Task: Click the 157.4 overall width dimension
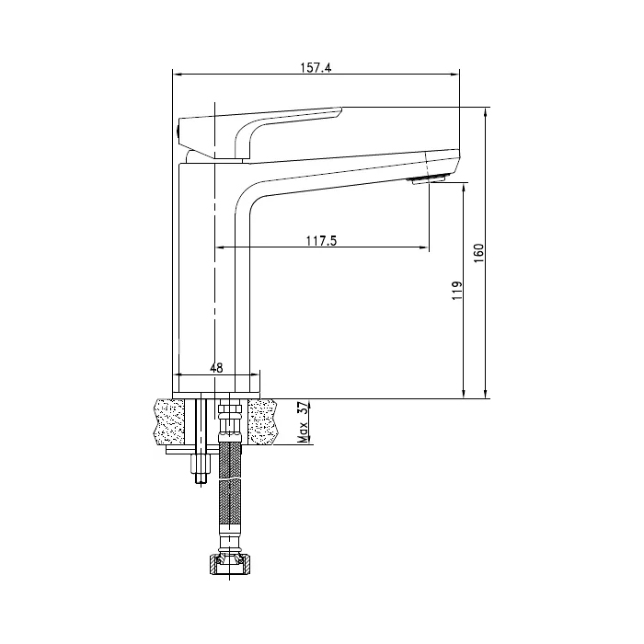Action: [x=316, y=68]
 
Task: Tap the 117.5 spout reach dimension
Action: [x=321, y=241]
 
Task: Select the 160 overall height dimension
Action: [x=479, y=253]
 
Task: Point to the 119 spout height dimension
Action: [x=457, y=291]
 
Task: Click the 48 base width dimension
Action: [x=216, y=368]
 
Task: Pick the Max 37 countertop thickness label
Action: [x=303, y=423]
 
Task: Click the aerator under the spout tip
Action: [x=426, y=179]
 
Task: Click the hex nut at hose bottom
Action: [x=230, y=564]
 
